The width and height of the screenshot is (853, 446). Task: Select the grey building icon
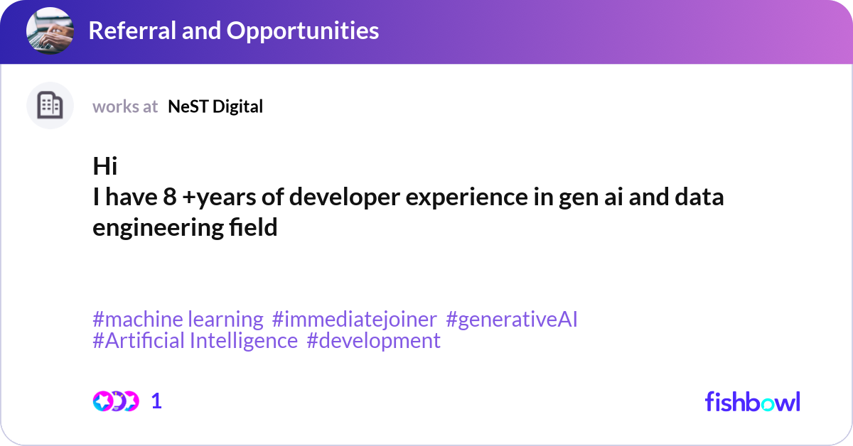click(50, 106)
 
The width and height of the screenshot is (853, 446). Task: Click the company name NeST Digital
click(215, 107)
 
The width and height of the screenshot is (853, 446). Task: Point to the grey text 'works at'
click(125, 107)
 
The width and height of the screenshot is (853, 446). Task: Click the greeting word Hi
click(104, 167)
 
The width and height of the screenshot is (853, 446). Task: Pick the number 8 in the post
click(170, 197)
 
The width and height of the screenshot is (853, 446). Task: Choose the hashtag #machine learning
click(178, 320)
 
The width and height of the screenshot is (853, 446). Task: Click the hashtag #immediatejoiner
click(354, 320)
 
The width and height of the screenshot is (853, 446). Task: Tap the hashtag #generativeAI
click(511, 320)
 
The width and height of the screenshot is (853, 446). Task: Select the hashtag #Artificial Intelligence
click(195, 341)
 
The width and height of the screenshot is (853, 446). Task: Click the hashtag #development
click(373, 341)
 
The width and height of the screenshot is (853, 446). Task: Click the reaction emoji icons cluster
click(116, 401)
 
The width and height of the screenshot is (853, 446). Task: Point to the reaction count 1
click(156, 401)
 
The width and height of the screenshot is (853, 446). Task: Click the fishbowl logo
click(752, 401)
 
